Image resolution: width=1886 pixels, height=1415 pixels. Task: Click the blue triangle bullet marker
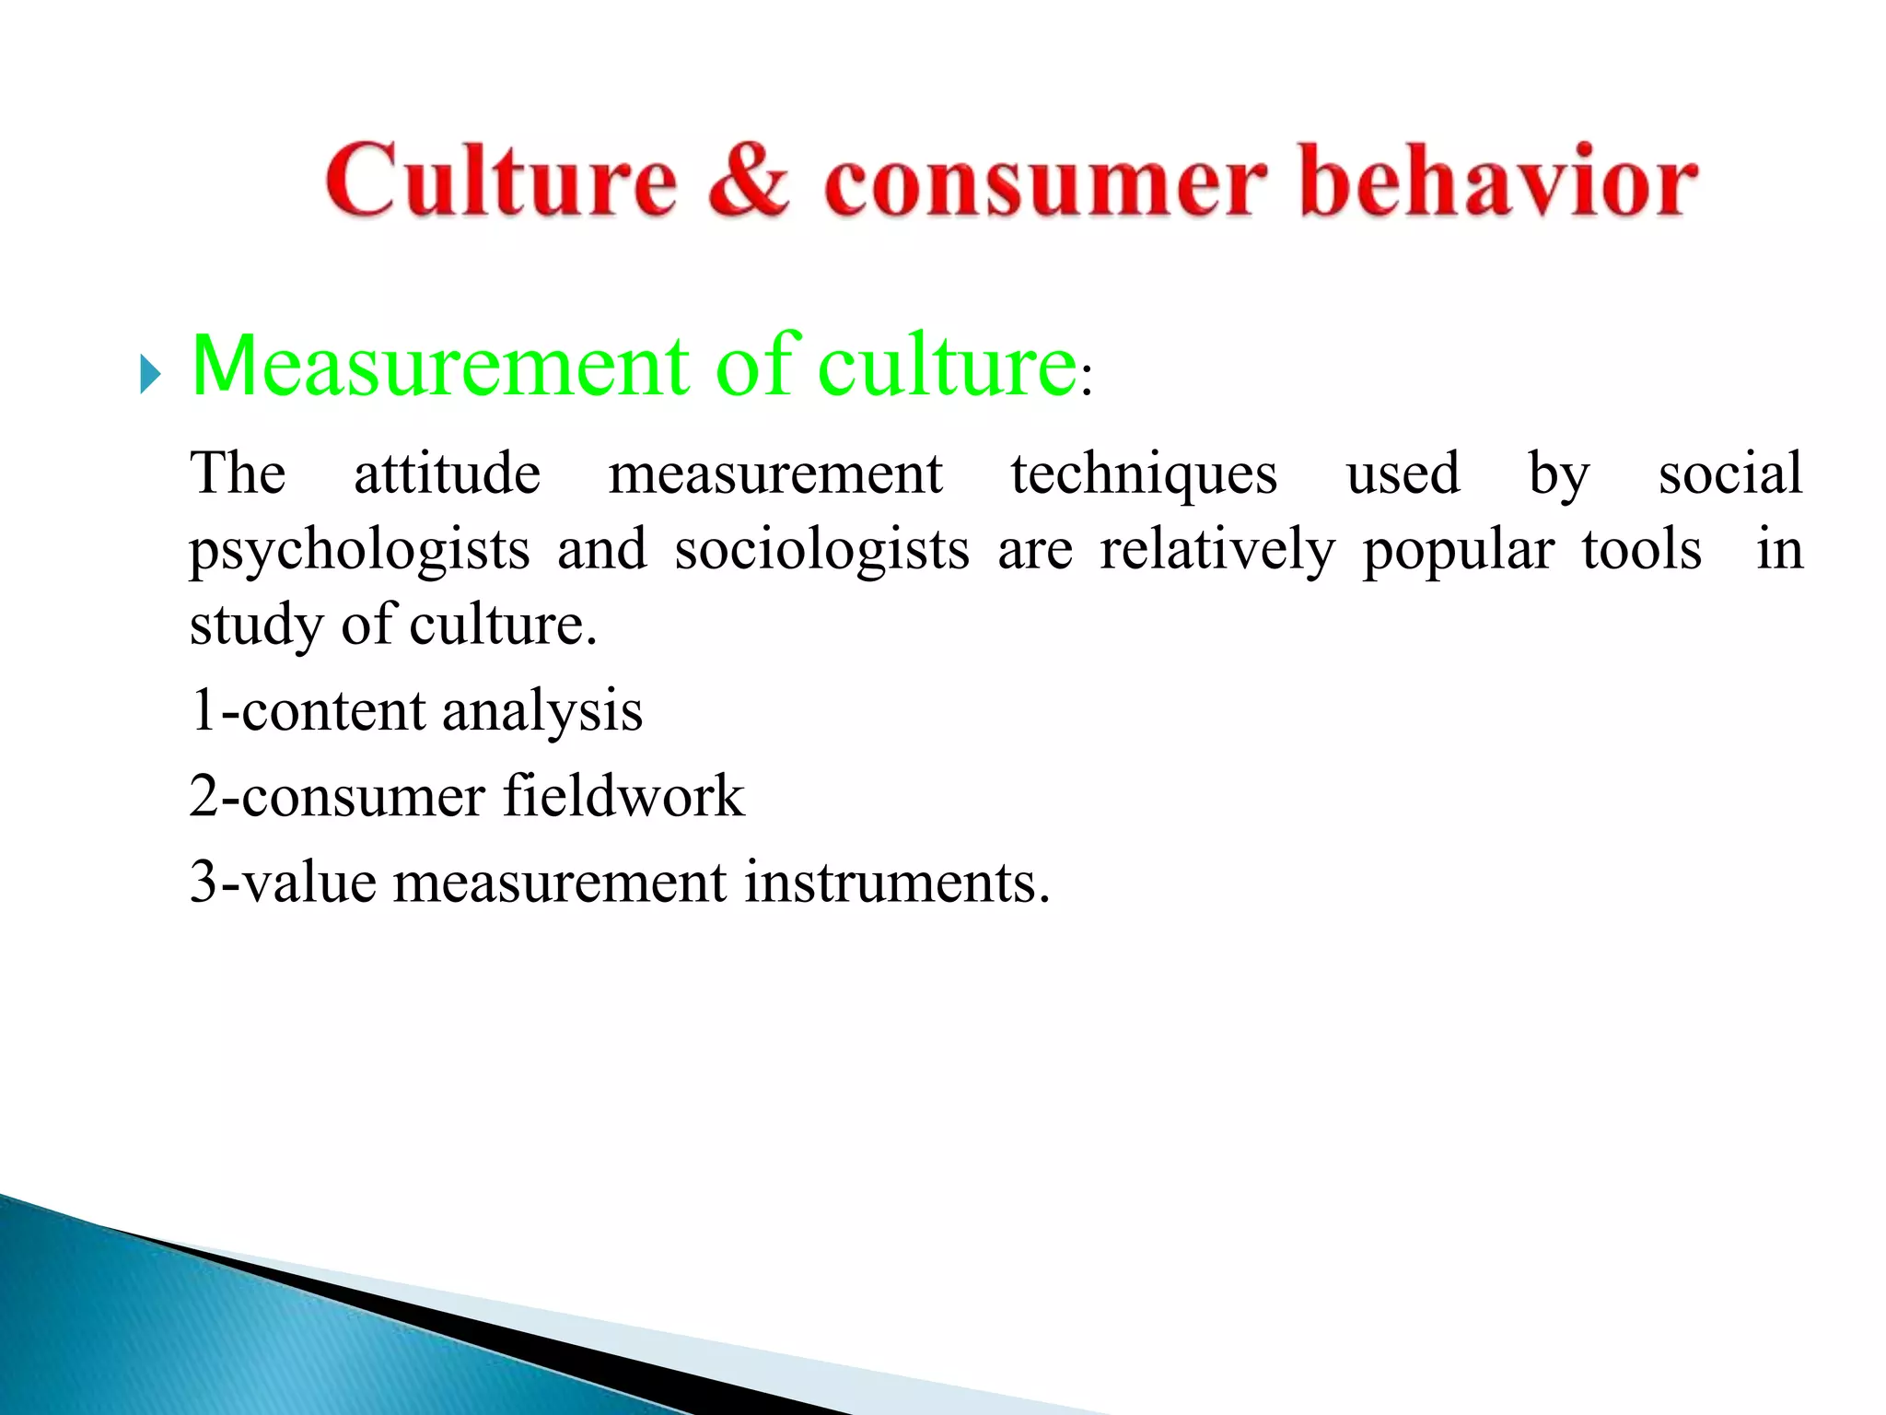[x=150, y=375]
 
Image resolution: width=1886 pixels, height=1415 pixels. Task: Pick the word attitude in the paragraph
[x=447, y=474]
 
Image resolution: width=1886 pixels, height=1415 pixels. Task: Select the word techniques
[x=1144, y=475]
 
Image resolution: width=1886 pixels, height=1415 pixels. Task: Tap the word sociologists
[x=821, y=551]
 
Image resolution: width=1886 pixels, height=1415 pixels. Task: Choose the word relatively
[x=1217, y=551]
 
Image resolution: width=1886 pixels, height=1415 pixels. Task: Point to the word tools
[x=1641, y=550]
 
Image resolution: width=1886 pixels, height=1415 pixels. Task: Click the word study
[x=255, y=626]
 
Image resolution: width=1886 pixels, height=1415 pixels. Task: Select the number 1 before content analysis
[x=203, y=710]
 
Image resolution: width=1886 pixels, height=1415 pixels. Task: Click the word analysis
[x=541, y=712]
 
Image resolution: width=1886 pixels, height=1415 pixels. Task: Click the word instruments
[x=896, y=882]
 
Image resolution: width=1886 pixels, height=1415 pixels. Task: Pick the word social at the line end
[x=1729, y=474]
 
